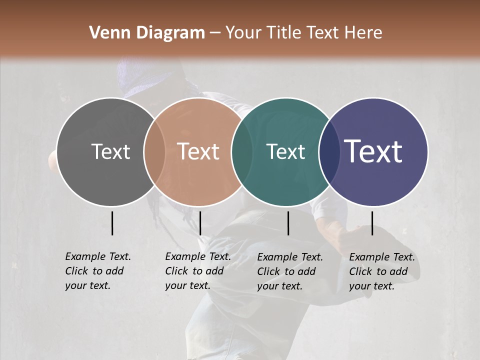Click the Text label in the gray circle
tap(110, 151)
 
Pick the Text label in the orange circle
tap(198, 151)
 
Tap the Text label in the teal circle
tap(285, 151)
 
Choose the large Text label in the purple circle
tap(373, 151)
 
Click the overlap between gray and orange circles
tap(154, 151)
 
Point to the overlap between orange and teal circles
tap(242, 151)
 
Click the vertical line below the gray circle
tap(112, 223)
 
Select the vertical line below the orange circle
tap(200, 223)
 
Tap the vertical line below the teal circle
tap(288, 223)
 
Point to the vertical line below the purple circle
tap(372, 223)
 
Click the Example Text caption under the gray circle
tap(98, 271)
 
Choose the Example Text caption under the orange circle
tap(198, 271)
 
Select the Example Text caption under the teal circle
tap(290, 271)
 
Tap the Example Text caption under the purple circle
tap(382, 271)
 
